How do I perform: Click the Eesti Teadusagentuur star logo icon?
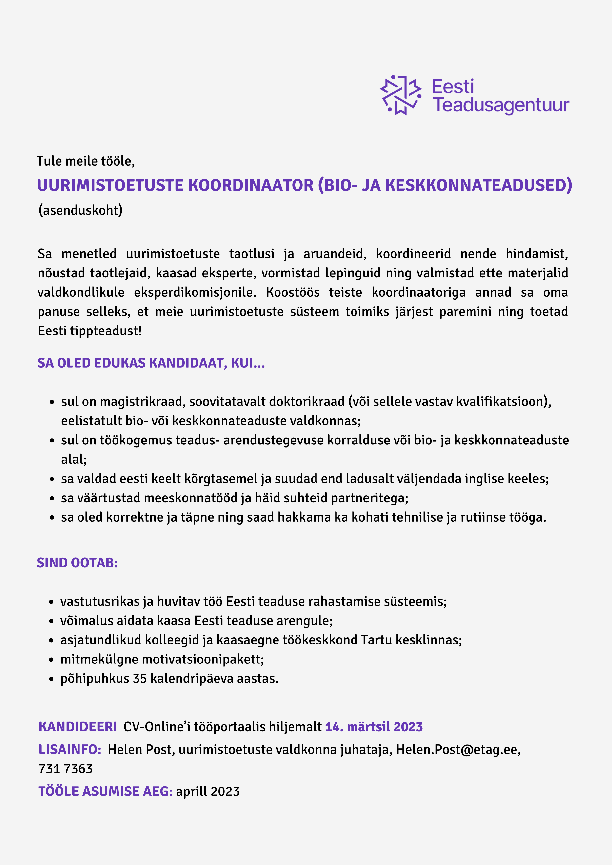pos(400,95)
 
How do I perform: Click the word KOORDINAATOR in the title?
pos(251,185)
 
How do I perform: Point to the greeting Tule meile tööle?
pos(86,161)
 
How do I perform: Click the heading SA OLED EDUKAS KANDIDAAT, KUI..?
pos(151,363)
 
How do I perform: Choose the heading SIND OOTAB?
pos(77,562)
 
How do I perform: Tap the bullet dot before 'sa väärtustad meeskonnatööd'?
pos(52,498)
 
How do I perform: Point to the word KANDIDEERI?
pos(78,727)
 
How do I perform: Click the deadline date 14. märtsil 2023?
pos(374,727)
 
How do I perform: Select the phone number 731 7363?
pos(66,769)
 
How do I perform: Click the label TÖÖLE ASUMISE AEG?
pos(105,791)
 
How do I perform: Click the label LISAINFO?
pos(70,749)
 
